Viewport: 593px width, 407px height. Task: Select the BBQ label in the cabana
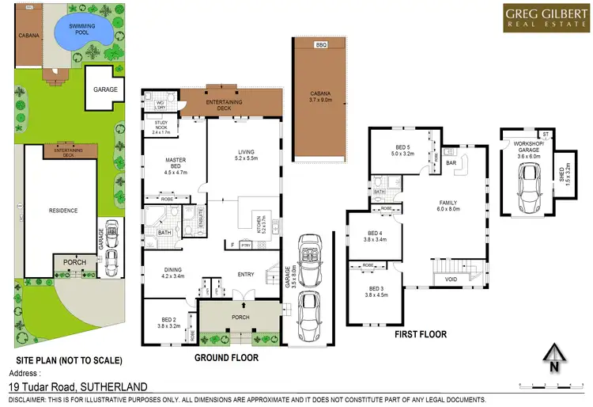point(320,46)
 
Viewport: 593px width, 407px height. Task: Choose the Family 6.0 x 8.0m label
point(448,206)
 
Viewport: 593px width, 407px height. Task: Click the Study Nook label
point(161,129)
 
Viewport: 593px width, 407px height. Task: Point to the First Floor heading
point(421,335)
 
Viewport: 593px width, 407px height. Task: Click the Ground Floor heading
point(225,357)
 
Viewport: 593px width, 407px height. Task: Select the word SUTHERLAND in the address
point(111,386)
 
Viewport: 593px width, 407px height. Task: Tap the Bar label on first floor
point(452,163)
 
